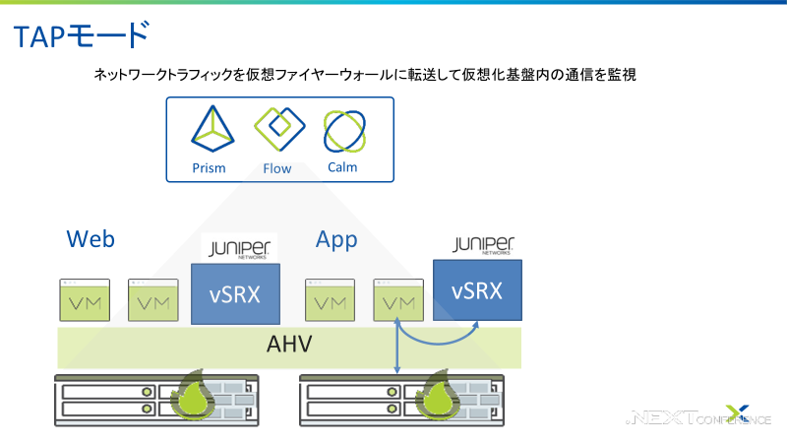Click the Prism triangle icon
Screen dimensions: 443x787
click(x=210, y=131)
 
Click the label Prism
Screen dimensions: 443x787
click(x=210, y=168)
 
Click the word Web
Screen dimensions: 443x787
click(x=91, y=239)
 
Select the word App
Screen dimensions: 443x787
click(x=336, y=239)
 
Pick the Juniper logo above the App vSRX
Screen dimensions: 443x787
click(x=484, y=244)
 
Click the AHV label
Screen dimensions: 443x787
click(x=289, y=346)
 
